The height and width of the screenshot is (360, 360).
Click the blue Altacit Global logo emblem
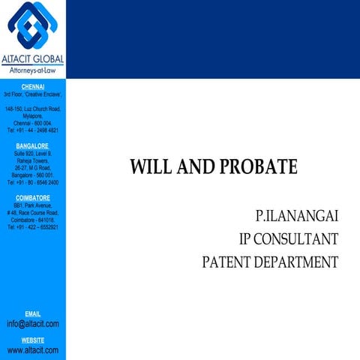(x=32, y=25)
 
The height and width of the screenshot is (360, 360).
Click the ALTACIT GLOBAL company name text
(x=33, y=59)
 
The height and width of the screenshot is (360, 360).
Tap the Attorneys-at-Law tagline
(x=33, y=70)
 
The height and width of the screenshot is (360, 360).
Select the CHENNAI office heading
(x=33, y=87)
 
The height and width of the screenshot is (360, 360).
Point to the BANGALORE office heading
(x=32, y=145)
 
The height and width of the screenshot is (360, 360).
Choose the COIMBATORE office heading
(x=32, y=197)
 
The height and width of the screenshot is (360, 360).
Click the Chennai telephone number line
(x=32, y=130)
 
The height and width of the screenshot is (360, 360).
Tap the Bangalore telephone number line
(x=32, y=182)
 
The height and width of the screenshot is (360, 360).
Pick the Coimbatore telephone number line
(x=32, y=227)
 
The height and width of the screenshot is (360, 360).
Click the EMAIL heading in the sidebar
(x=32, y=313)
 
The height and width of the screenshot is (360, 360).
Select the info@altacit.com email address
(x=32, y=324)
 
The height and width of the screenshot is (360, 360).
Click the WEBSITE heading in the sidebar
(x=32, y=340)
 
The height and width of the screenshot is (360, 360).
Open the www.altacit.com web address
(x=32, y=350)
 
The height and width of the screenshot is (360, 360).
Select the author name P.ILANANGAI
(x=297, y=217)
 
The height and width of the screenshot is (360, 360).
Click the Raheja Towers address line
(x=32, y=160)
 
